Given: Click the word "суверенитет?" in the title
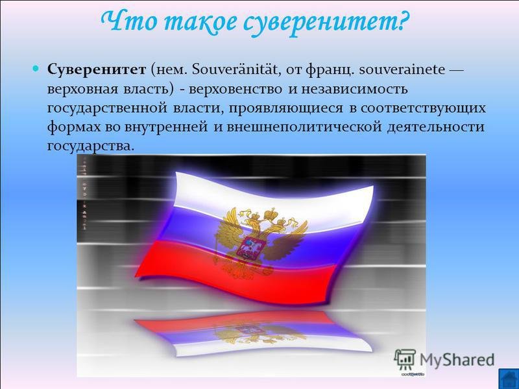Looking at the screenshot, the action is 326,22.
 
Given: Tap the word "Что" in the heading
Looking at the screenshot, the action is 129,21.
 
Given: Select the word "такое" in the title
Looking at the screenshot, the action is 200,22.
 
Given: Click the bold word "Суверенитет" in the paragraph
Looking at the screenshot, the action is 96,71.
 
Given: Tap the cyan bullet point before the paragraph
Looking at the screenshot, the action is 36,69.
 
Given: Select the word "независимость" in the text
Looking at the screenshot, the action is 354,89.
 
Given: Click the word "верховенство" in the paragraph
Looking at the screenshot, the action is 235,89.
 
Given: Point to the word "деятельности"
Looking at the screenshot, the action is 435,127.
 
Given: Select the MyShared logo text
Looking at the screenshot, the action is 457,360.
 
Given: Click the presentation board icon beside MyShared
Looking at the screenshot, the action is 405,359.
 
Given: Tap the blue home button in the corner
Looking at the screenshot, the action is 509,379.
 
